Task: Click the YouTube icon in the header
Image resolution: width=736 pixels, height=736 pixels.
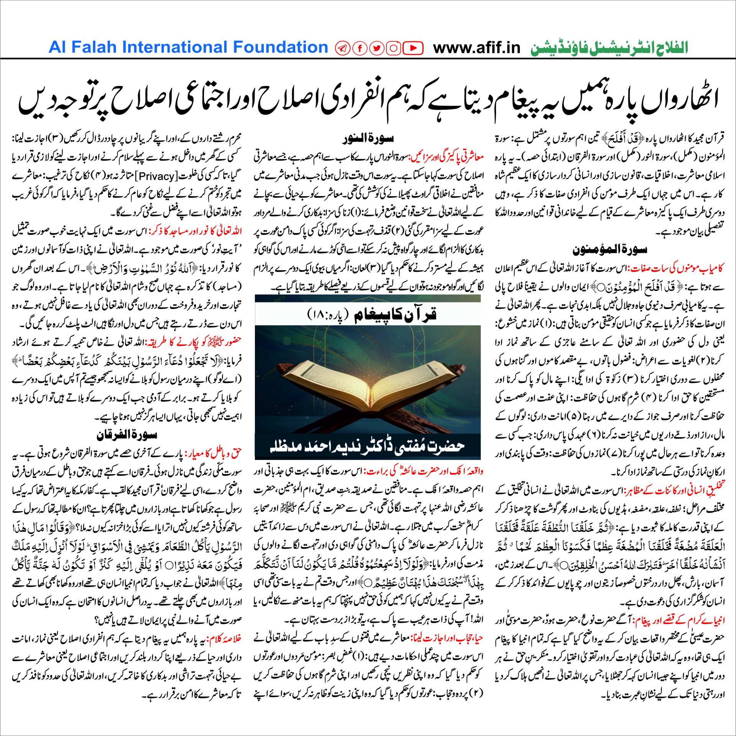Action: click(x=413, y=48)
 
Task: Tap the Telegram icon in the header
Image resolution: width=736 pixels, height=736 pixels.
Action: click(x=343, y=48)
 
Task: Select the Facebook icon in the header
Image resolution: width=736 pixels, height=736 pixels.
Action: click(x=360, y=48)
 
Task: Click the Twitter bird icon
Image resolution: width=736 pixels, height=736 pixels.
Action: click(x=377, y=48)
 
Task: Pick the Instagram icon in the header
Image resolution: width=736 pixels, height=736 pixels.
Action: click(x=394, y=48)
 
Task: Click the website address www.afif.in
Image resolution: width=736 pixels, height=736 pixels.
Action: click(x=476, y=48)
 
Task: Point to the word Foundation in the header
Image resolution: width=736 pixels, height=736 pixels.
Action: click(x=281, y=47)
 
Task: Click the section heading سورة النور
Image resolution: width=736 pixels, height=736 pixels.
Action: click(x=368, y=138)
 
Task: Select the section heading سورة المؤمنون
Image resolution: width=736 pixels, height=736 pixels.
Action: click(x=609, y=250)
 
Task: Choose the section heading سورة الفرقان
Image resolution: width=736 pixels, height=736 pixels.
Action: click(x=127, y=435)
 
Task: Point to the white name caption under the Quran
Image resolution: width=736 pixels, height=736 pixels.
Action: click(x=367, y=446)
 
